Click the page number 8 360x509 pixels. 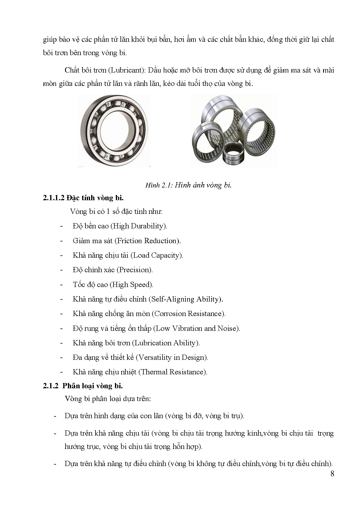(x=332, y=474)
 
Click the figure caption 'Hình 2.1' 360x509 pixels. (x=159, y=185)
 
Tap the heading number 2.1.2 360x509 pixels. (x=51, y=386)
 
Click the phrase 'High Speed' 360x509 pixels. (x=132, y=285)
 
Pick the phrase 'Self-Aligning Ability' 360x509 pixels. (x=185, y=299)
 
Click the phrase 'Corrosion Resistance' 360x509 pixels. (x=189, y=314)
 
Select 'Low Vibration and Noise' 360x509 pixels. (x=197, y=328)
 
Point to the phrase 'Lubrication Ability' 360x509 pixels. (x=166, y=343)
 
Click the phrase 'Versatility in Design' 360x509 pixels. (x=172, y=358)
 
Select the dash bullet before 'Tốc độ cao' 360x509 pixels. (x=61, y=285)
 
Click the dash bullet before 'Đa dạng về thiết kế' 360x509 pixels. (x=61, y=358)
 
